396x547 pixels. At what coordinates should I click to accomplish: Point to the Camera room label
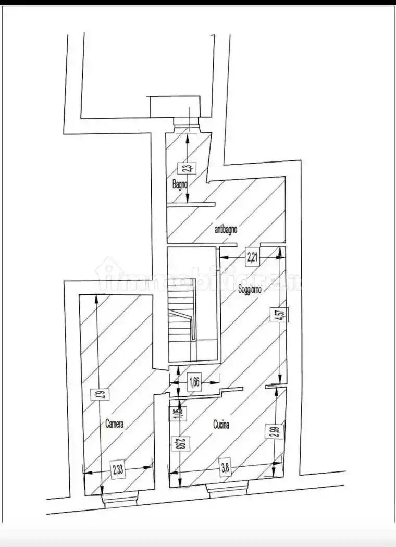(x=115, y=424)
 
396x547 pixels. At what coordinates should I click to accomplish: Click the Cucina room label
(x=221, y=425)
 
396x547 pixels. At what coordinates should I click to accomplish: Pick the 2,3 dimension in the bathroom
(x=186, y=168)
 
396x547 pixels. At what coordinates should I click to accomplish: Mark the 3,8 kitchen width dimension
(x=225, y=468)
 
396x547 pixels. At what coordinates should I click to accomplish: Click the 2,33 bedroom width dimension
(x=118, y=469)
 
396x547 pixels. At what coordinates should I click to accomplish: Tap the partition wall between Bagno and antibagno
(x=191, y=204)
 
